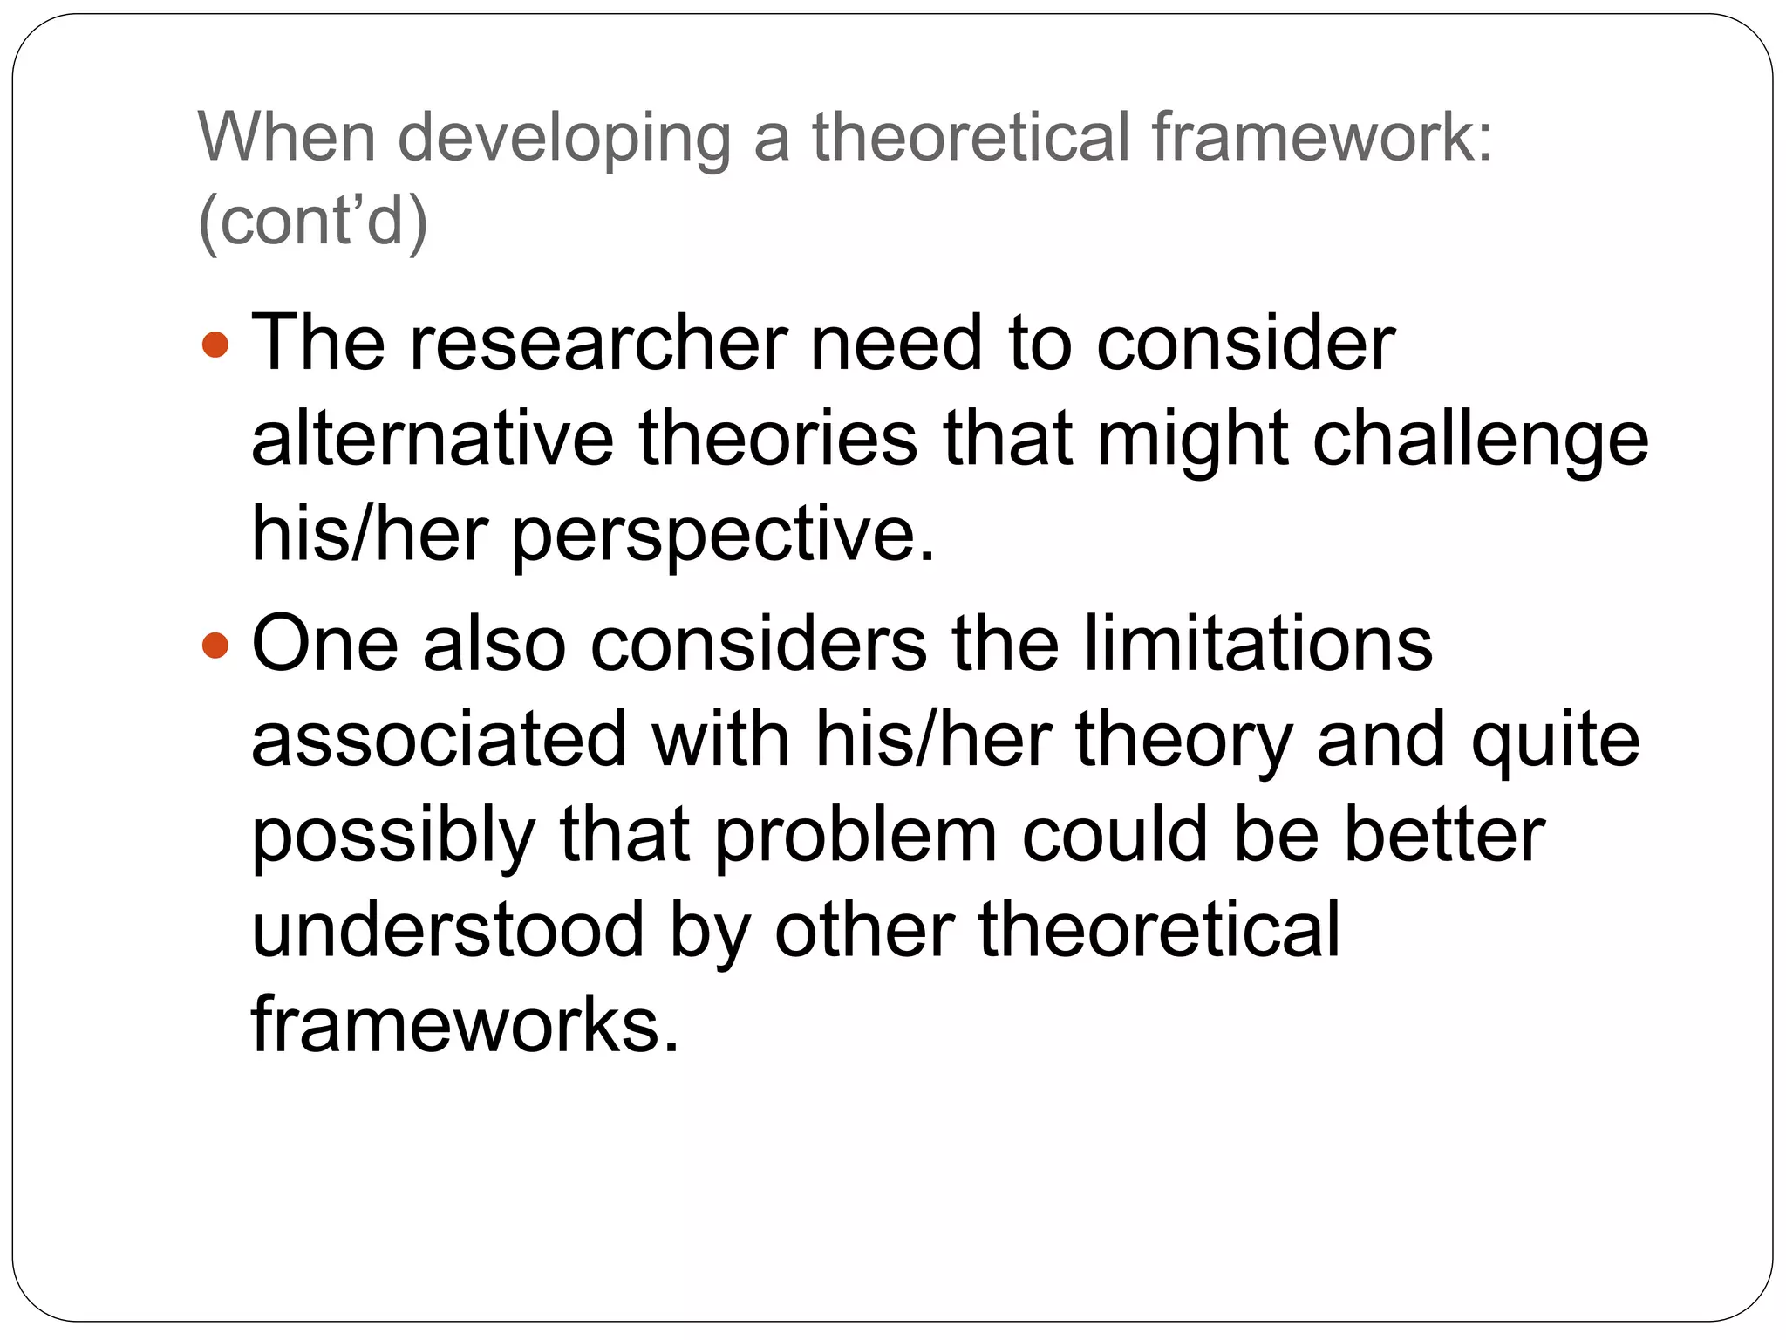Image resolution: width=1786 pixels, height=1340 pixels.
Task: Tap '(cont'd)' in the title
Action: (x=313, y=222)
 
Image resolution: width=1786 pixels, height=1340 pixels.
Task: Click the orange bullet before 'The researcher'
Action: (x=215, y=344)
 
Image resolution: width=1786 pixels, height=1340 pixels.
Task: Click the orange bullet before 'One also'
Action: (x=215, y=646)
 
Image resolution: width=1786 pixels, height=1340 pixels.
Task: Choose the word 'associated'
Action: (x=439, y=739)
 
